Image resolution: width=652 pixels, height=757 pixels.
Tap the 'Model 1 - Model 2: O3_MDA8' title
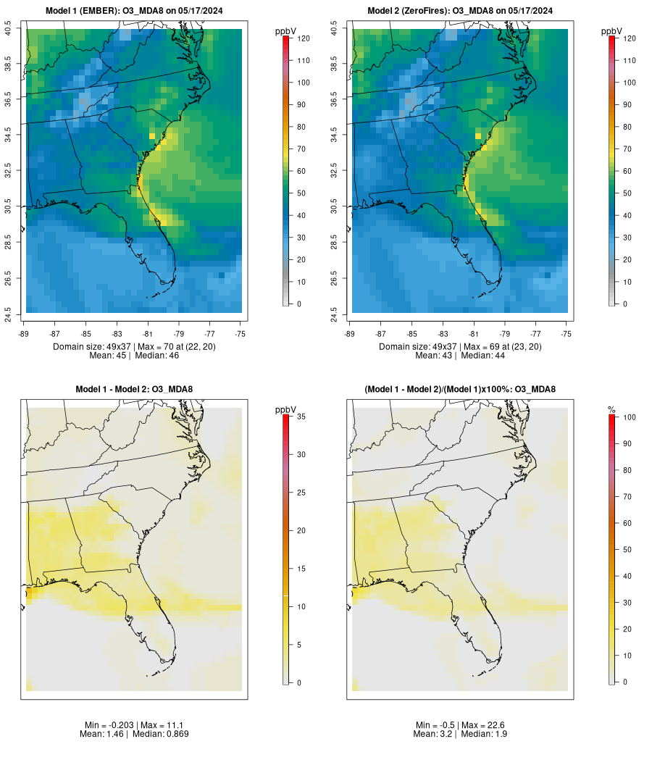click(x=134, y=390)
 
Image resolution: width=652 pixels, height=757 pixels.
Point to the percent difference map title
click(x=460, y=390)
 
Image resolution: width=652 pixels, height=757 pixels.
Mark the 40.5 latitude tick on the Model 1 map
click(x=8, y=29)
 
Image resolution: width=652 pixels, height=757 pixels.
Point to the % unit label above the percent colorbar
click(x=611, y=410)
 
